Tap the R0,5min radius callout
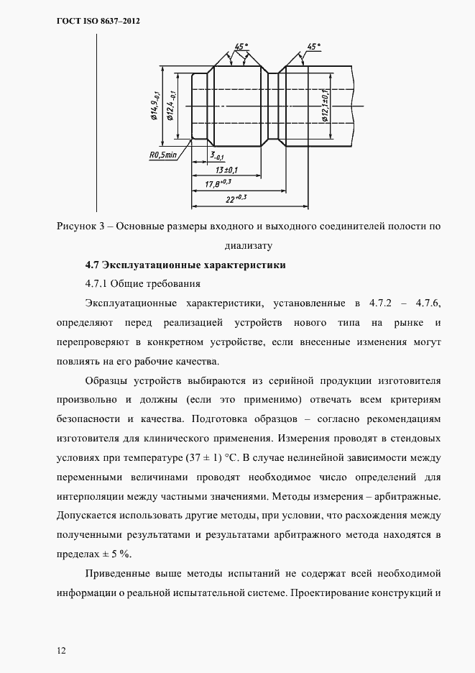coord(162,155)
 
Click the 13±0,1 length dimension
coord(227,170)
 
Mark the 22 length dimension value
coord(236,198)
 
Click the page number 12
coord(61,651)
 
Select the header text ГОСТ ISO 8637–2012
coord(98,22)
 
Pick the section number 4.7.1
coord(96,283)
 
